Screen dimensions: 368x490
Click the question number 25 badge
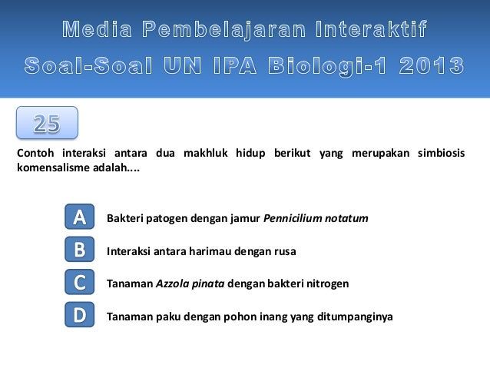point(47,123)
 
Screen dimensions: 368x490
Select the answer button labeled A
point(79,218)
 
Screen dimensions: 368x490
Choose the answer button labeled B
point(79,250)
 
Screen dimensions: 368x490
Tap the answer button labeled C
point(79,283)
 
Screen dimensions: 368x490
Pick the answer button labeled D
point(79,315)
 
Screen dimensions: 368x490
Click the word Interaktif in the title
point(372,31)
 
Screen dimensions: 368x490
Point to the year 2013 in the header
point(431,66)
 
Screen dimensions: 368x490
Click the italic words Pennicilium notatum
point(316,219)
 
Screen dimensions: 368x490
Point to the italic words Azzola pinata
point(190,283)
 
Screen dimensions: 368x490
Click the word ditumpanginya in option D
point(357,316)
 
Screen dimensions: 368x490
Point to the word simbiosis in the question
point(441,152)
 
